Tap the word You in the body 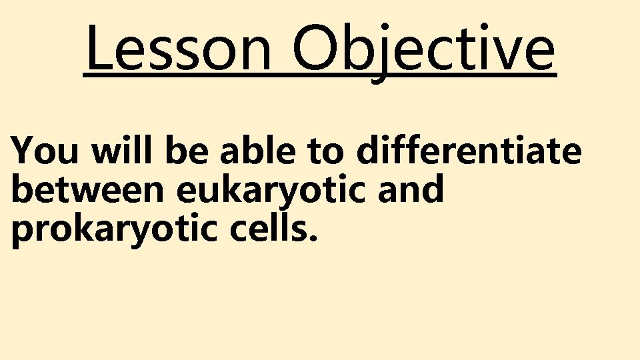(x=46, y=151)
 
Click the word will (x=122, y=151)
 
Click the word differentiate (x=469, y=151)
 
